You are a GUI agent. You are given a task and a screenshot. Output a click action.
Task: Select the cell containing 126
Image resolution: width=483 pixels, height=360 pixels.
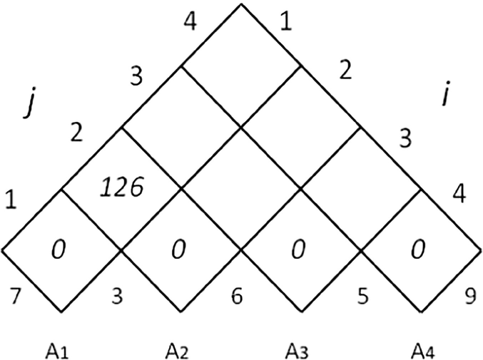click(x=122, y=188)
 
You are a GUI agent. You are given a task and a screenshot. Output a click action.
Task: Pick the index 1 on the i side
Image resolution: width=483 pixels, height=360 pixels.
click(x=286, y=23)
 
